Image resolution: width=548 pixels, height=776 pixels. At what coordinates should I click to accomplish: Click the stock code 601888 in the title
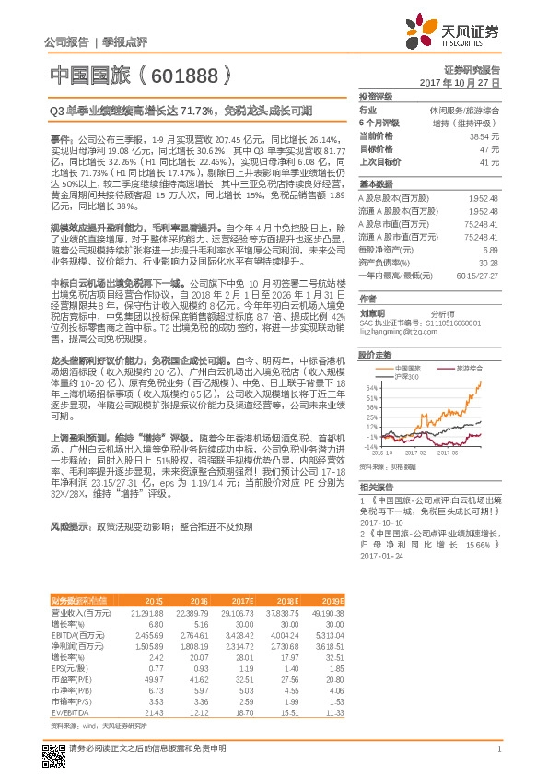click(189, 73)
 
